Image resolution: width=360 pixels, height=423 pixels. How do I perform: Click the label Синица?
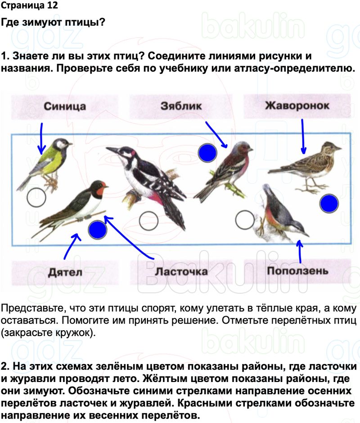tap(64, 107)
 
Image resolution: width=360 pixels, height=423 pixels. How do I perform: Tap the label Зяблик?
tap(181, 107)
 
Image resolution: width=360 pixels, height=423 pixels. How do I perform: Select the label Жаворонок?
tap(297, 106)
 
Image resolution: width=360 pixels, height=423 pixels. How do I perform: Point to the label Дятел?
tap(65, 272)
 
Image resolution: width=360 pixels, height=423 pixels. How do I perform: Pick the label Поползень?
tap(297, 271)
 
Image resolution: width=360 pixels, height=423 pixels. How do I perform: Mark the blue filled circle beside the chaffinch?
tap(207, 153)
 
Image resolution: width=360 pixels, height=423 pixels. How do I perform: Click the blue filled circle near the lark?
tap(329, 204)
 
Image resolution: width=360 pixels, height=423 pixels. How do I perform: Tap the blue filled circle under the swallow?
tap(98, 230)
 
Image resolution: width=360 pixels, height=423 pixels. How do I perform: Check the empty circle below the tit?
tap(36, 197)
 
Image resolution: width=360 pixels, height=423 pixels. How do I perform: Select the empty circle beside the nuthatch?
tap(245, 220)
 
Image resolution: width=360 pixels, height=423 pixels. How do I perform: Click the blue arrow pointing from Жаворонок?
tap(303, 135)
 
